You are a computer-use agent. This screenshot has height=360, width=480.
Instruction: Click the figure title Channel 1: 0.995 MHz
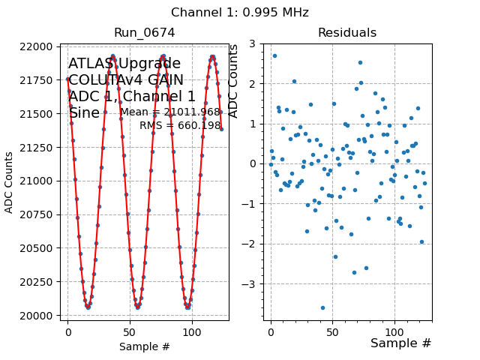(239, 13)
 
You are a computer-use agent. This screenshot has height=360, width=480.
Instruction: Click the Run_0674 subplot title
(144, 33)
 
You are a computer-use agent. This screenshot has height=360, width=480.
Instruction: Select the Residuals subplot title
(346, 33)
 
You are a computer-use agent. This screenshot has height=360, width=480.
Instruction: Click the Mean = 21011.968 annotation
(170, 112)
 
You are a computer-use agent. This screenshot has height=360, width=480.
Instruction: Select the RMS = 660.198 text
(180, 125)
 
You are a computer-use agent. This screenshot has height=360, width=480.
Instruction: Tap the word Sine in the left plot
(84, 113)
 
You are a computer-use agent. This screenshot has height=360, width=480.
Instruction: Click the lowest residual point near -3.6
(322, 307)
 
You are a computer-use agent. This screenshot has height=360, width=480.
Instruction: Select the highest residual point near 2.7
(274, 55)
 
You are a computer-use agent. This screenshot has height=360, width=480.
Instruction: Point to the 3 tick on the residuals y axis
(256, 43)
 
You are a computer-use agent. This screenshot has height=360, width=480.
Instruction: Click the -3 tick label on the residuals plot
(252, 284)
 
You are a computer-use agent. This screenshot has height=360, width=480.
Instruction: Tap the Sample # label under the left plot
(144, 346)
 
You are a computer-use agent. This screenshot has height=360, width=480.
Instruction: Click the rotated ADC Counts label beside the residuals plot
(233, 81)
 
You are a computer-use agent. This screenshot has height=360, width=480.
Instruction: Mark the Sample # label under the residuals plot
(400, 343)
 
